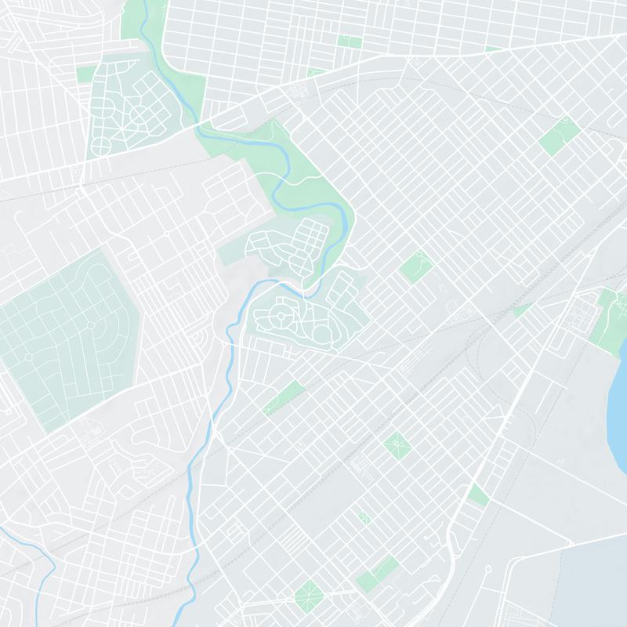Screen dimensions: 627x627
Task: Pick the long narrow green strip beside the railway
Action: point(283,396)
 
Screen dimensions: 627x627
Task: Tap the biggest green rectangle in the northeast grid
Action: point(559,136)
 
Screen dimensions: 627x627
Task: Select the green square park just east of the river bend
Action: point(416,266)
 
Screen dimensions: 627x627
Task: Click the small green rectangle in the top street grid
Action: point(349,41)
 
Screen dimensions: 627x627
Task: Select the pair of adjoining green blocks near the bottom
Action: point(376,574)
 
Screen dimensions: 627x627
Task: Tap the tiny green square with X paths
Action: point(364,517)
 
